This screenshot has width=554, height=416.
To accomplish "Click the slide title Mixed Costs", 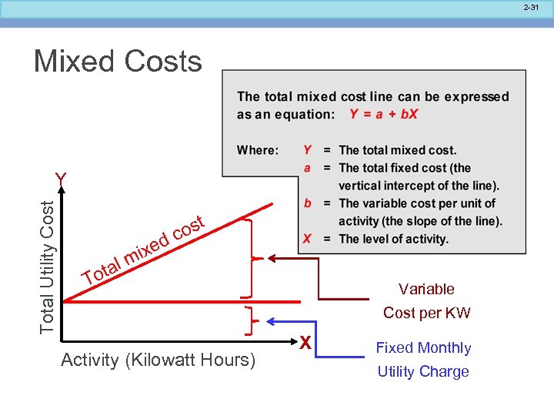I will point(118,62).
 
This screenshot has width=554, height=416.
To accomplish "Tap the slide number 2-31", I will point(530,8).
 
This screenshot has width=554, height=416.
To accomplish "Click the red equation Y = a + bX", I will point(383,114).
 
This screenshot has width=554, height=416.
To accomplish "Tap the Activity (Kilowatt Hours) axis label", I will point(158,360).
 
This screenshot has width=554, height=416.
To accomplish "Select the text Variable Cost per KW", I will point(426,300).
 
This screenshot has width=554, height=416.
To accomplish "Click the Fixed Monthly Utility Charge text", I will point(422,359).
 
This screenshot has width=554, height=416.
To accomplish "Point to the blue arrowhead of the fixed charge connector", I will point(271,320).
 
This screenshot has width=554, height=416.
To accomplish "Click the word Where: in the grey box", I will point(258,150).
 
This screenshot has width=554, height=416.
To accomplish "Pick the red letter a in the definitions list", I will point(307,167).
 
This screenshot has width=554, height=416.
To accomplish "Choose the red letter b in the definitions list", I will point(307,203).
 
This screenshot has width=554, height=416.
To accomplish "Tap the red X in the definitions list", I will point(307,239).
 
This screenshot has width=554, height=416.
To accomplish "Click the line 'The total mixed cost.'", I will point(397,150).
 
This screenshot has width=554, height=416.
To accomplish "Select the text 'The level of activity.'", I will point(393,239).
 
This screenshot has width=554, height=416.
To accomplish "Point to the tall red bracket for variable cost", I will point(249,257).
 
